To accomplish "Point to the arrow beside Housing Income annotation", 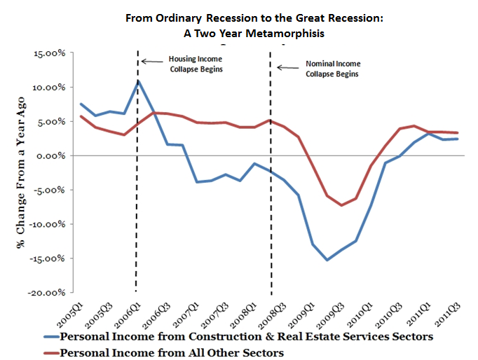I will [x=148, y=62].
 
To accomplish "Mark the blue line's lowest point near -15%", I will [x=327, y=260].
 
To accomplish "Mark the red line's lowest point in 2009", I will [x=341, y=205].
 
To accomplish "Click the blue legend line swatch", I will [x=48, y=337].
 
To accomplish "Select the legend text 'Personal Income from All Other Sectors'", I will [x=172, y=352].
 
